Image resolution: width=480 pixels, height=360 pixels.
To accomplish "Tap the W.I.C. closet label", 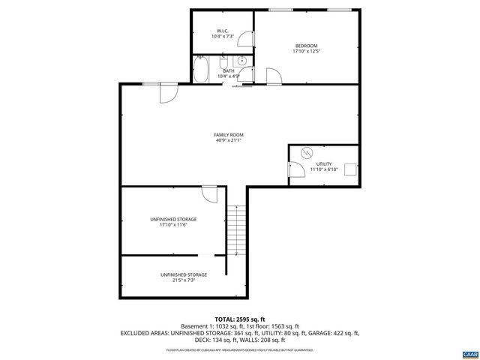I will point(223,31).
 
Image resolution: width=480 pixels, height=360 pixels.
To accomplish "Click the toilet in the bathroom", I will point(242,61).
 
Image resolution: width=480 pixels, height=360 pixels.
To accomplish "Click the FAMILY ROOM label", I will point(229,135).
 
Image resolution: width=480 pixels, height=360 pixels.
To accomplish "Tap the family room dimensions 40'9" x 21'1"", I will point(229,140).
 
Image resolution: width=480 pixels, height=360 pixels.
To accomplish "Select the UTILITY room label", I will point(324,163).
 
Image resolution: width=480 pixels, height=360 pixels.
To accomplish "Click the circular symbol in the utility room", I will point(305,152).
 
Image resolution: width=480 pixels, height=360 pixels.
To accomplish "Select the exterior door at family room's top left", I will point(167,93).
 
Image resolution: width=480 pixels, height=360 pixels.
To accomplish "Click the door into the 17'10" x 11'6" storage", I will point(211,193).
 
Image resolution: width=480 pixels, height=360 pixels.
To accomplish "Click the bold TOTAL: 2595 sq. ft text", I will point(241,319).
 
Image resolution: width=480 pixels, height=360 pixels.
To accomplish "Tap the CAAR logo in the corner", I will point(469,352).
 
